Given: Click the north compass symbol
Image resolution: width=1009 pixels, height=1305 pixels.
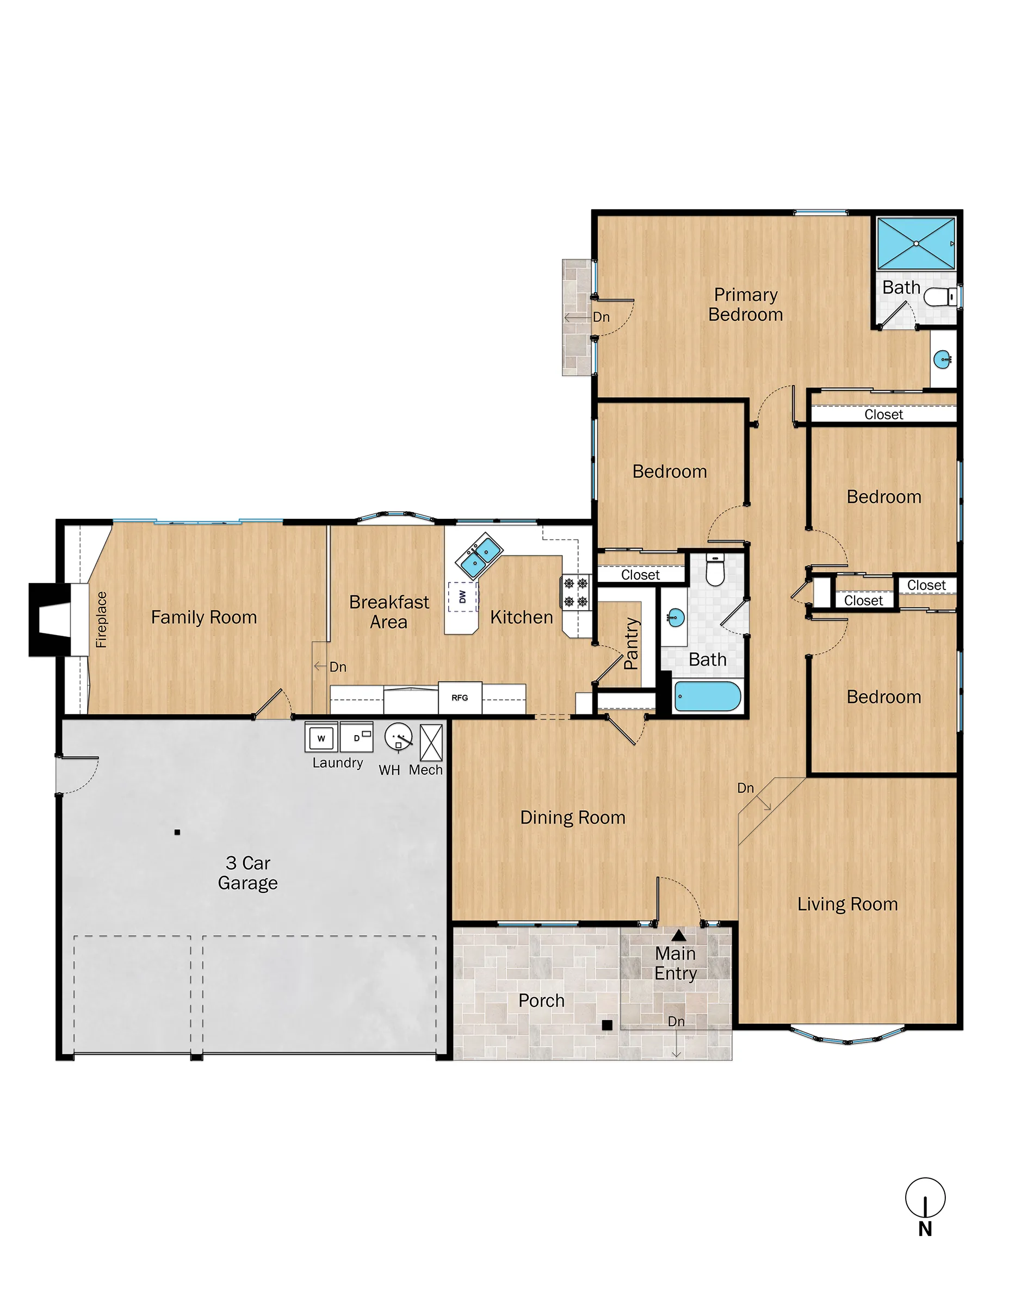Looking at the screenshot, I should coord(925,1198).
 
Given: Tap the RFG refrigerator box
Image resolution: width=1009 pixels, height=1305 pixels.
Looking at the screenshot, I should coord(460,697).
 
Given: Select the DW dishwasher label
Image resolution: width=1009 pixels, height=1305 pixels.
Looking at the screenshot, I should coord(463,596).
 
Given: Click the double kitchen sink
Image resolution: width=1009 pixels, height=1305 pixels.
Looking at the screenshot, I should coord(479,556).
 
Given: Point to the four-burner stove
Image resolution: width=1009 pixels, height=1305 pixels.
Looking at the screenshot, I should coord(576,592).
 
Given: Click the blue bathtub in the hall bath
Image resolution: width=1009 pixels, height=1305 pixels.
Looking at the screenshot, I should coord(708,696).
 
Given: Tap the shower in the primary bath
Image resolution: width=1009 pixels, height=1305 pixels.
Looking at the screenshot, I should coord(916,243).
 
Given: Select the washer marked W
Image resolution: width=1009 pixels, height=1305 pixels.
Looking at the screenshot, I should coord(321,738).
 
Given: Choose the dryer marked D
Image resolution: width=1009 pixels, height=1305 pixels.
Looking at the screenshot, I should coord(356,737).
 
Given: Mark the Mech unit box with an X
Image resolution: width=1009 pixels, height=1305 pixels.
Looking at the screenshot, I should coord(431,742).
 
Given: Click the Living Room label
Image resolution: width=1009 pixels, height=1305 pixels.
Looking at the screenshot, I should coord(847,904).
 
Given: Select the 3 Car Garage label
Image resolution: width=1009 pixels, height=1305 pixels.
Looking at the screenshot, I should coord(247,873).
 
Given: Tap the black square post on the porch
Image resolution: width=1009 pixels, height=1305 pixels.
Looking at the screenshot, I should coord(606,1025).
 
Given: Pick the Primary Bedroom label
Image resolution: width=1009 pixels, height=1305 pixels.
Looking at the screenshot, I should coord(745,304).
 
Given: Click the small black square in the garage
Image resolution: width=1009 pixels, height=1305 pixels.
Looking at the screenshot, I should coord(177,832).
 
